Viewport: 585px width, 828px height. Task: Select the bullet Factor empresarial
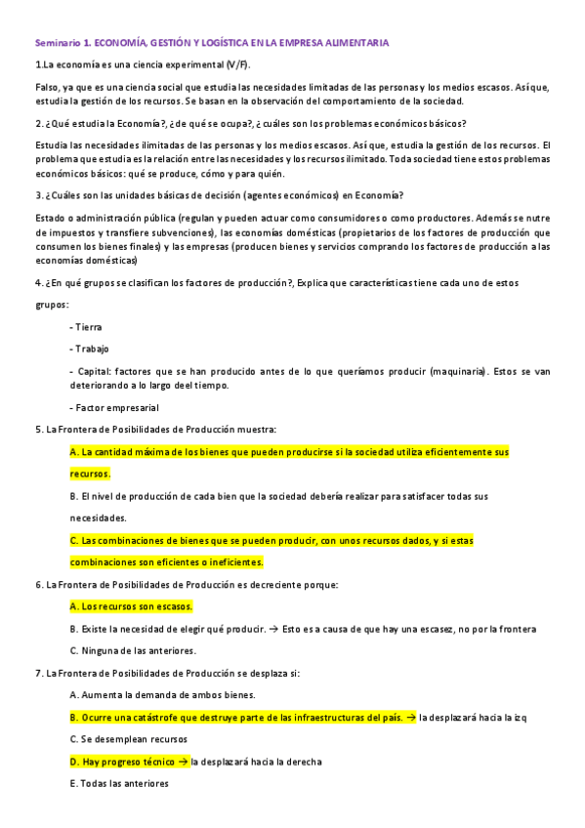pos(114,407)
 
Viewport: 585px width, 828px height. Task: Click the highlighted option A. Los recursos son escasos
pos(132,606)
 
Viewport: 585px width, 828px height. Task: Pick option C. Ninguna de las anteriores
pos(134,650)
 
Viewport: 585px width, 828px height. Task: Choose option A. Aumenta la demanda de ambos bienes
pos(163,695)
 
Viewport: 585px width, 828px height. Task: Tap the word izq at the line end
pos(520,718)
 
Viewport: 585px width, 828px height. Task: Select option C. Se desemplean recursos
pos(130,739)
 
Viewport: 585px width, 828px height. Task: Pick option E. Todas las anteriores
pos(120,783)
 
